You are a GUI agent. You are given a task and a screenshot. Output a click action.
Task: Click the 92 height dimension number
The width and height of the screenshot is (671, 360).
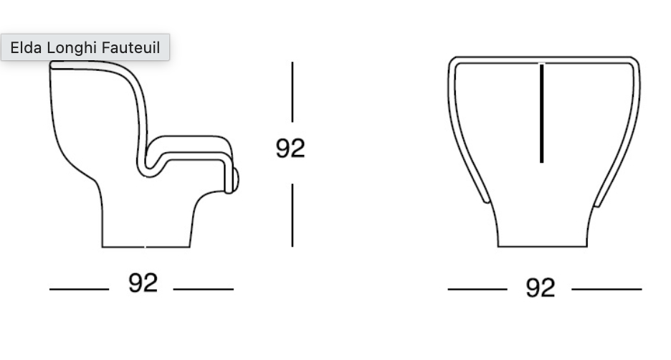coord(290,148)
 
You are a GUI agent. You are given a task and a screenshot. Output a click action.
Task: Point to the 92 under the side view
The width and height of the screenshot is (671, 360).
coord(143,283)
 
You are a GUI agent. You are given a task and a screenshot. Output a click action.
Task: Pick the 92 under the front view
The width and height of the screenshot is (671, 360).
coord(540,288)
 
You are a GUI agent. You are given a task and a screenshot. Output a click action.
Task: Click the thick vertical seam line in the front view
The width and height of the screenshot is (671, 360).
coord(542,113)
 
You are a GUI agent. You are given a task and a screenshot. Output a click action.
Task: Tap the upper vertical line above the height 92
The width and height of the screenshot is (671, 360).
coord(292,92)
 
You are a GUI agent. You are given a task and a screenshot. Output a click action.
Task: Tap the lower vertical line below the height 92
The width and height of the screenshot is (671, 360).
coord(292,215)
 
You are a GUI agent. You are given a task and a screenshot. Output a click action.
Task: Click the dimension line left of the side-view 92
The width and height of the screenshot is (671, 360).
coord(79,290)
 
